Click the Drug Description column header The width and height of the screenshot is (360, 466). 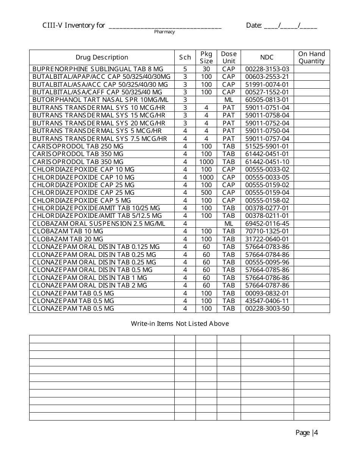pos(102,58)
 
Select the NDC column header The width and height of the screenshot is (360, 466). pos(267,58)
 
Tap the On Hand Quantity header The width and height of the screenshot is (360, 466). pos(311,58)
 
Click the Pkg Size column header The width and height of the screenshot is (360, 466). pos(206,58)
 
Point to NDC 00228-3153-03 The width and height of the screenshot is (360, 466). pos(267,69)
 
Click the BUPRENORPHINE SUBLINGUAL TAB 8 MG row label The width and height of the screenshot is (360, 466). pos(98,69)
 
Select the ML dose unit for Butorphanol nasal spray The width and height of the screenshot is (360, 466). pos(229,100)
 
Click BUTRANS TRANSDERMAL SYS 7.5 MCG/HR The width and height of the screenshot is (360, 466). pos(100,139)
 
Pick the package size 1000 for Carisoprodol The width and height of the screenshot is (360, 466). pos(206,162)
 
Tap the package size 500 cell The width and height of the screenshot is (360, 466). pos(206,192)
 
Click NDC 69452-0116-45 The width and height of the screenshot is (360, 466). pos(267,224)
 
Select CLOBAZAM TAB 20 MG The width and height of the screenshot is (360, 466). pos(68,239)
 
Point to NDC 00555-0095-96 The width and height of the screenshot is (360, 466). pos(267,262)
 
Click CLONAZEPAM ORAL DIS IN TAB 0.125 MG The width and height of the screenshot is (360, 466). pos(96,247)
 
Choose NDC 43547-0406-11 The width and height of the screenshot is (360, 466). pos(267,301)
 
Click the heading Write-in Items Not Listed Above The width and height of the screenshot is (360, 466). pos(180,324)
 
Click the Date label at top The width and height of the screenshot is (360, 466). pos(254,25)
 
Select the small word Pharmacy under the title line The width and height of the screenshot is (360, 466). pos(164,32)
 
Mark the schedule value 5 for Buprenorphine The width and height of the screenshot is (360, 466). pos(185,69)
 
